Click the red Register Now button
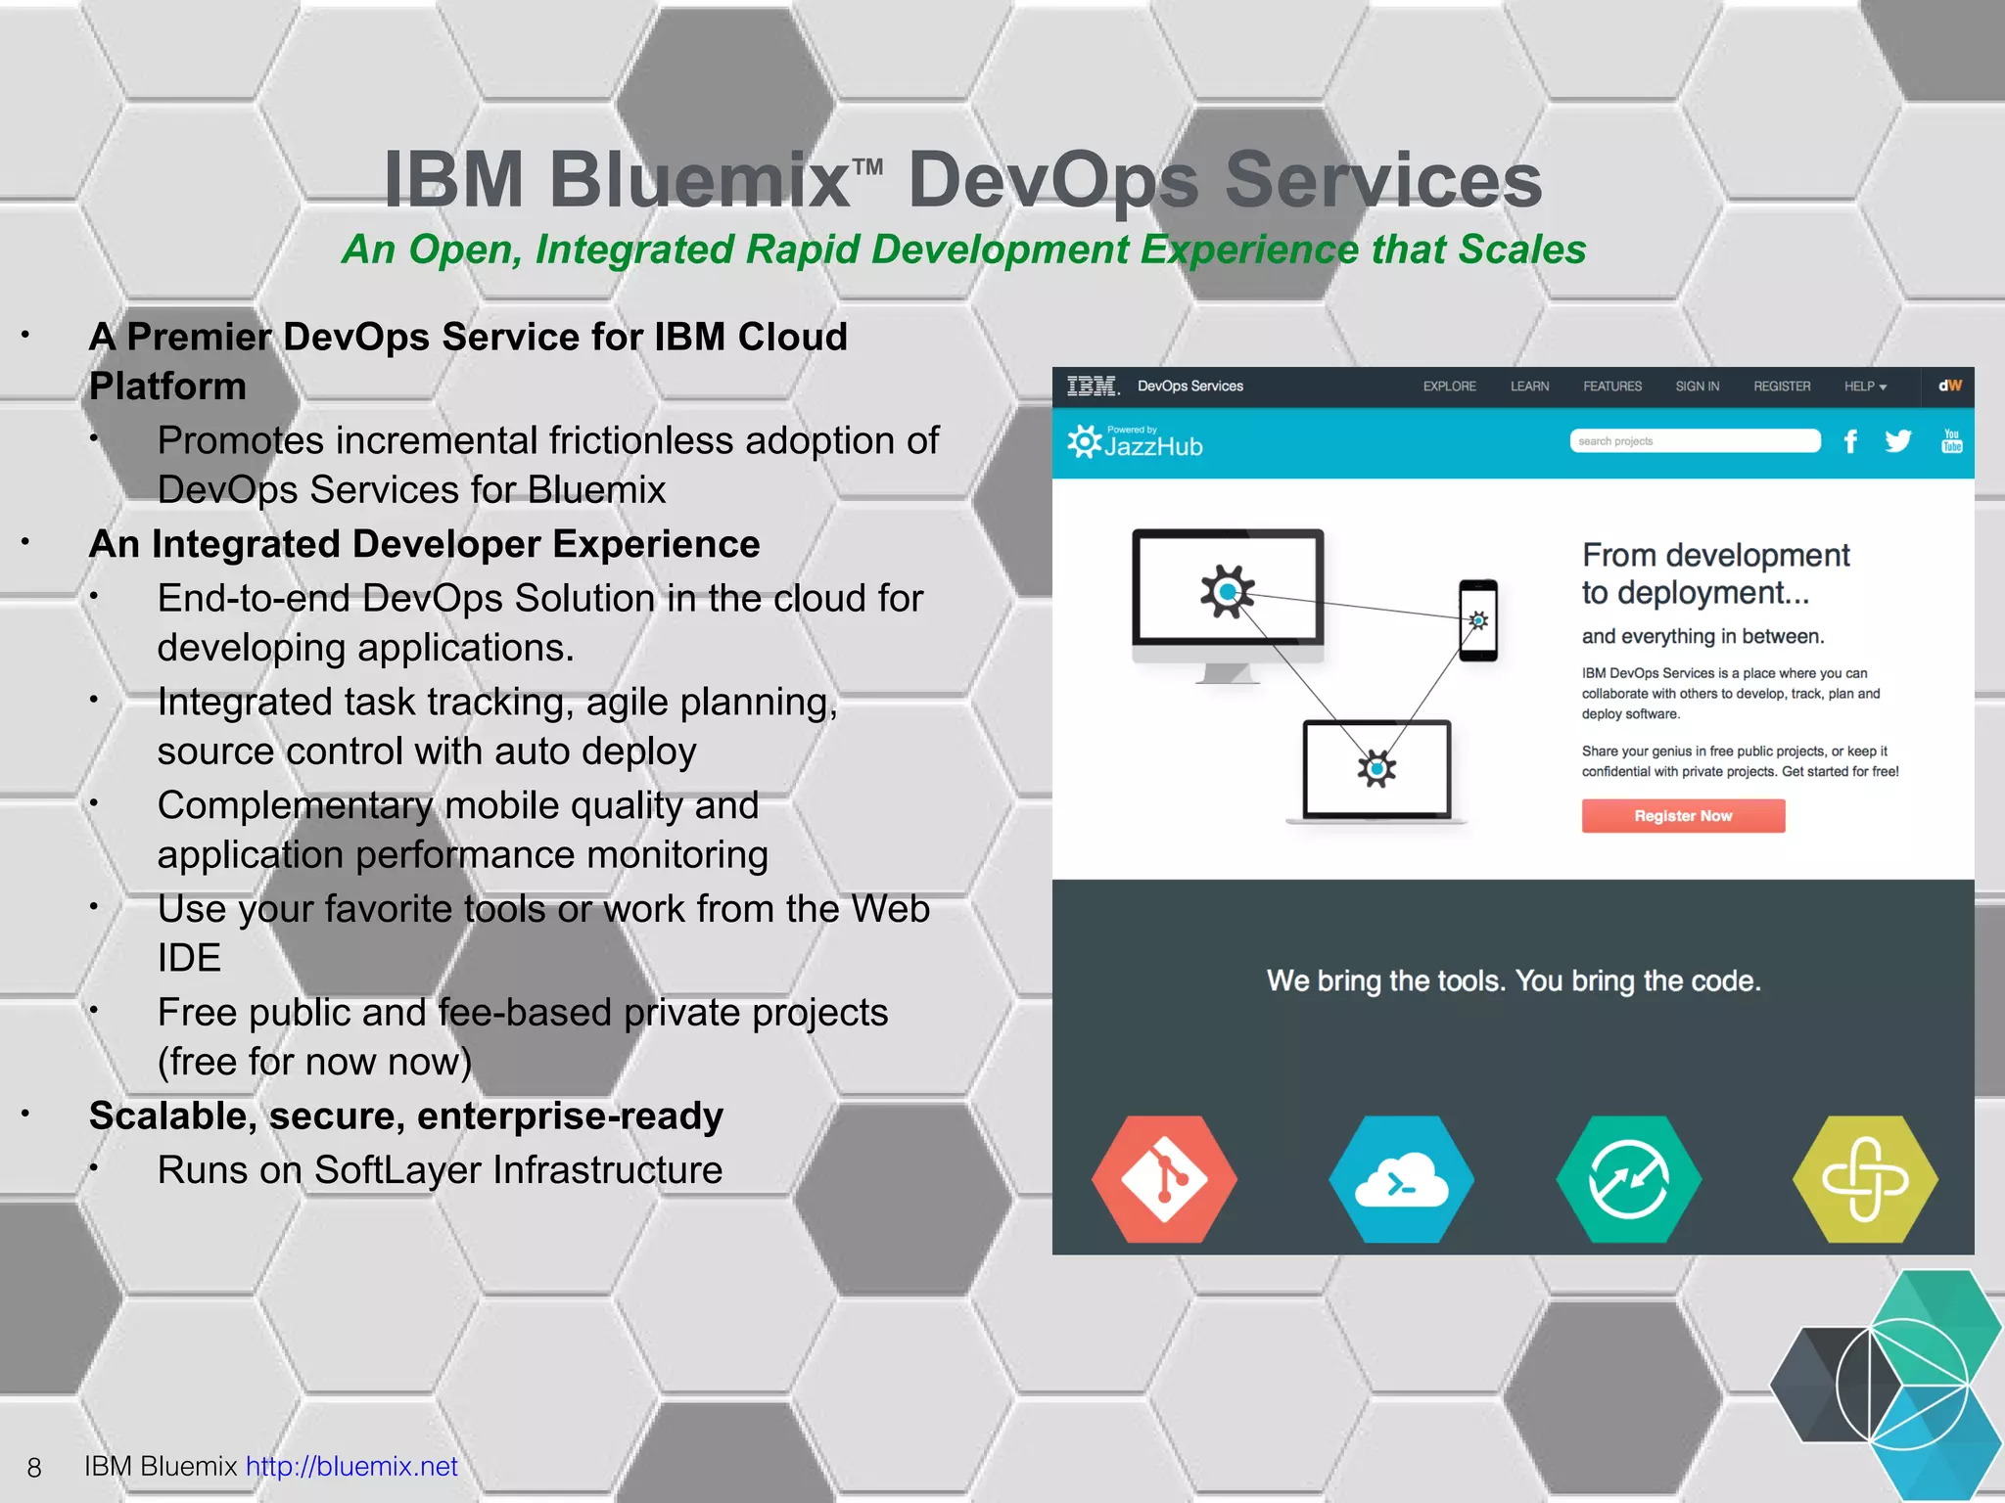pos(1683,816)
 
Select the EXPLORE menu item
pos(1449,387)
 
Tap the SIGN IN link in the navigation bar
pos(1697,387)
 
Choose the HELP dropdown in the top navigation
pos(1864,387)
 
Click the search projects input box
pos(1695,441)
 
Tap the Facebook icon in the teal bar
pos(1850,441)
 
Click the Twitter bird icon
pos(1897,441)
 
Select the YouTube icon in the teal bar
pos(1951,441)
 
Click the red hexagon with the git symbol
pos(1164,1180)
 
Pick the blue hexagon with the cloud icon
pos(1401,1180)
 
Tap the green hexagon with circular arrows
pos(1629,1180)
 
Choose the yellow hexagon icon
pos(1865,1180)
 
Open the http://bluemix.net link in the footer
pos(351,1466)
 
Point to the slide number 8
pos(34,1468)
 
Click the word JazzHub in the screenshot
pos(1153,447)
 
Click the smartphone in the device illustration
pos(1478,620)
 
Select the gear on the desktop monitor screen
pos(1227,591)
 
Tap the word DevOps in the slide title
pos(1053,180)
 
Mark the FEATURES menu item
pos(1612,387)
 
